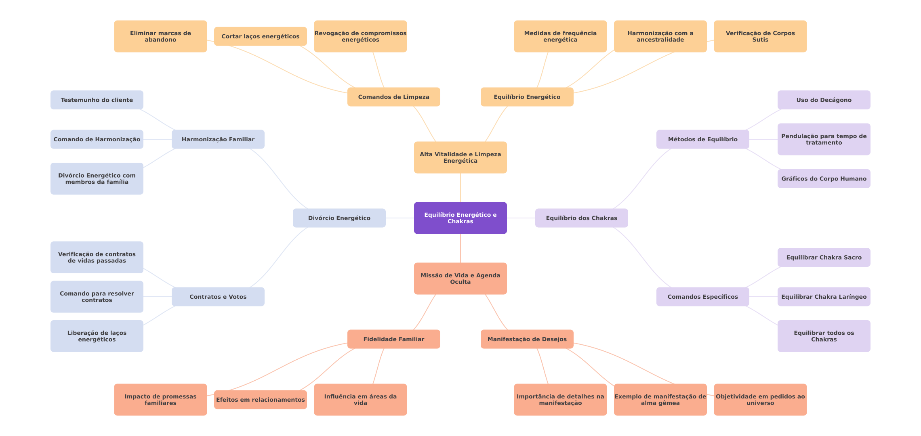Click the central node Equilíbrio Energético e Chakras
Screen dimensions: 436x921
[460, 218]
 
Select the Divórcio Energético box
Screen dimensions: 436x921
[339, 218]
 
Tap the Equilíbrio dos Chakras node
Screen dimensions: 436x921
[581, 218]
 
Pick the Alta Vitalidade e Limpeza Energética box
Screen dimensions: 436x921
[460, 157]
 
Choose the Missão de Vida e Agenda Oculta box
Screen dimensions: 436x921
[460, 279]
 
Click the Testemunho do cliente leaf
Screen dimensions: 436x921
[97, 100]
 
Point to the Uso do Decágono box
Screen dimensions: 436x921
[824, 100]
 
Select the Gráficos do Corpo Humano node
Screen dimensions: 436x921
[824, 178]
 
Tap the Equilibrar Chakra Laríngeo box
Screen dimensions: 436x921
[824, 297]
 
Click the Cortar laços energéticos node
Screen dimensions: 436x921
[260, 36]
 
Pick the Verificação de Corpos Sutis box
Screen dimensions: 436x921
[760, 36]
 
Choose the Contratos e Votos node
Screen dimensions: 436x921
[218, 297]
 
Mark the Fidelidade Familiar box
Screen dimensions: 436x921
[393, 339]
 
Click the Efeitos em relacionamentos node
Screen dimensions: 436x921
[260, 400]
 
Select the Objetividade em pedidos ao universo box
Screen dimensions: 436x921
[760, 400]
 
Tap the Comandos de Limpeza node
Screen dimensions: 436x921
[393, 97]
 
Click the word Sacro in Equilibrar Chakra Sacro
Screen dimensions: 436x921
[852, 257]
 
